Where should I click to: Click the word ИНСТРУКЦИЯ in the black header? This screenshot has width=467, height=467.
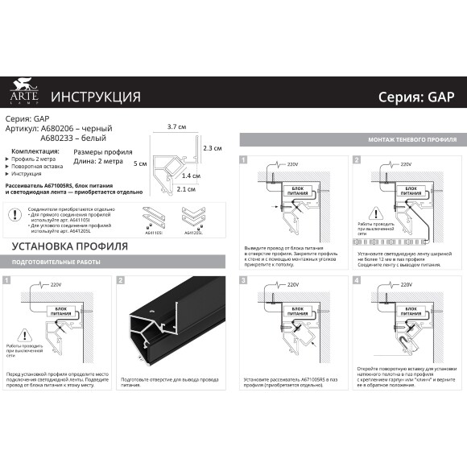pos(96,97)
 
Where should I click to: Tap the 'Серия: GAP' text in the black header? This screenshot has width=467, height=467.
pos(416,97)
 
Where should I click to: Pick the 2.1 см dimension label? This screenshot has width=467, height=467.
pos(187,189)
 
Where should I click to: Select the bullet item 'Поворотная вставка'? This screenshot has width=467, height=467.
pos(40,166)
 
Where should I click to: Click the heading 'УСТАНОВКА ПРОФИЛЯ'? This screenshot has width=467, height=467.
pos(68,246)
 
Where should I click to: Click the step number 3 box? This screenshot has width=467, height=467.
pos(243,279)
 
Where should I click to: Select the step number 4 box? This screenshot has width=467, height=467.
pos(356,279)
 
